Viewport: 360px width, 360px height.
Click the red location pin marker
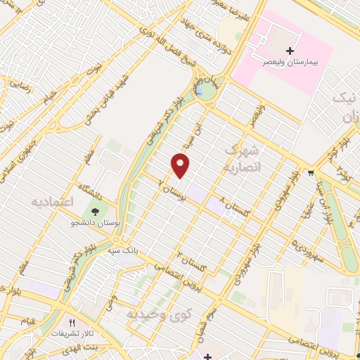pos(181,166)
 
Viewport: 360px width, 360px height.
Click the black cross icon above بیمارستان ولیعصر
pos(290,51)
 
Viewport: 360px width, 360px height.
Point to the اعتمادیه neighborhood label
pos(53,202)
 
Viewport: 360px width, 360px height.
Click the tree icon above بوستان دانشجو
pos(95,211)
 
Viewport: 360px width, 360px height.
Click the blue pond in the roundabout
pos(201,91)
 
